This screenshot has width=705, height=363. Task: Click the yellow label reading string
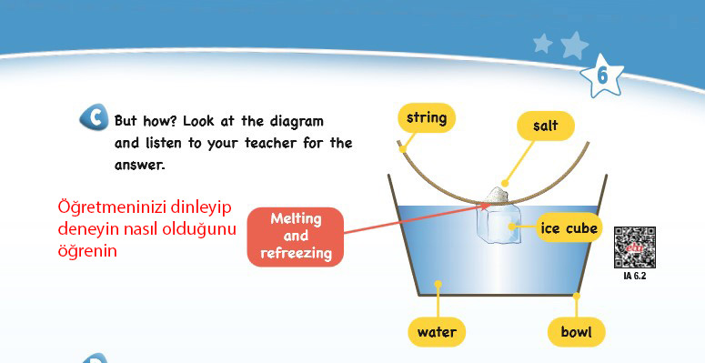pos(427,118)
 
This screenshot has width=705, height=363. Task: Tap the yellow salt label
pos(546,126)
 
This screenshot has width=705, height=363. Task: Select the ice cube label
pos(569,227)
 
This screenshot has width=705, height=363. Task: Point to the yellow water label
pos(437,332)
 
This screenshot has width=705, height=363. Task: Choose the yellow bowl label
pos(576,332)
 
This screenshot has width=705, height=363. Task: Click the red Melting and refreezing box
pos(296,237)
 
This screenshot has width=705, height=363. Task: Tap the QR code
pos(634,247)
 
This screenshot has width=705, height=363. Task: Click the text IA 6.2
pos(634,276)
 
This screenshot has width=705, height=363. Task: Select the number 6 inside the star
pos(602,76)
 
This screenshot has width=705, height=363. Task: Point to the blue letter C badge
pos(94,117)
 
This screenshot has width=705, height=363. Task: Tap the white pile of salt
pos(497,195)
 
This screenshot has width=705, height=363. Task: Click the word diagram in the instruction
pos(297,121)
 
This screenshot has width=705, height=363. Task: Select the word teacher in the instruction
pos(271,144)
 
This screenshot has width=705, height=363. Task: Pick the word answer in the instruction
pos(139,165)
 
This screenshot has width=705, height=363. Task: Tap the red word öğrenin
pos(87,251)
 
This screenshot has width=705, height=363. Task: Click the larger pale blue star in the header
pos(574,45)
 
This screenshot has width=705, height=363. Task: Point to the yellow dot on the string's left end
pos(403,149)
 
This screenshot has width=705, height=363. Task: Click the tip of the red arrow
pos(490,205)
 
